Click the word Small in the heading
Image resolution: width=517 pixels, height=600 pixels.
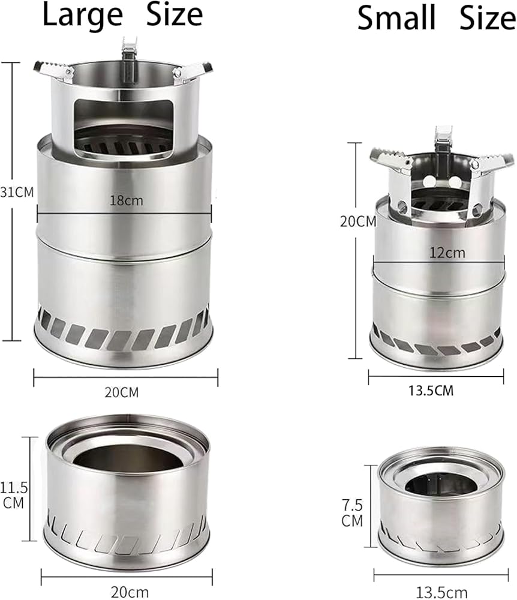click(396, 18)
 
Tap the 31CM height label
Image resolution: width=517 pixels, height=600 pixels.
click(17, 192)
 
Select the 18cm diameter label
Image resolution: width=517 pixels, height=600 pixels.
click(126, 200)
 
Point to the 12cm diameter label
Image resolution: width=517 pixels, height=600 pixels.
click(447, 253)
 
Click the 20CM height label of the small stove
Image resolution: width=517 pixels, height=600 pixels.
click(358, 221)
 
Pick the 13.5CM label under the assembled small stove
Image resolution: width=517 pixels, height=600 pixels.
click(431, 391)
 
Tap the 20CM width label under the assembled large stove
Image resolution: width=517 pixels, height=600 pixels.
click(122, 392)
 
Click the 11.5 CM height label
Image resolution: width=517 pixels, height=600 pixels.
click(14, 495)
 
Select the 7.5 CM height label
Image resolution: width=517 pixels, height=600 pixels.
click(352, 513)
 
